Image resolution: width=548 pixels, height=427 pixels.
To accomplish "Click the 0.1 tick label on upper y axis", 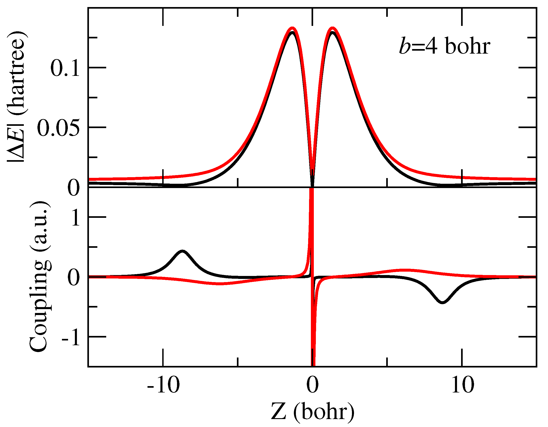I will pos(65,68).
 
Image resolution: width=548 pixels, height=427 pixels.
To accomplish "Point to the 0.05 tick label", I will pos(58,128).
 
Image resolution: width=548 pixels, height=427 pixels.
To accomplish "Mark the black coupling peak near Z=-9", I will pos(183,251).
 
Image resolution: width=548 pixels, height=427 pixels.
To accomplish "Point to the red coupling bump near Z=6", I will pos(404,270).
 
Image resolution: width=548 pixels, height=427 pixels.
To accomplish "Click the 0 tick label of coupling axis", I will pos(74,277).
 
